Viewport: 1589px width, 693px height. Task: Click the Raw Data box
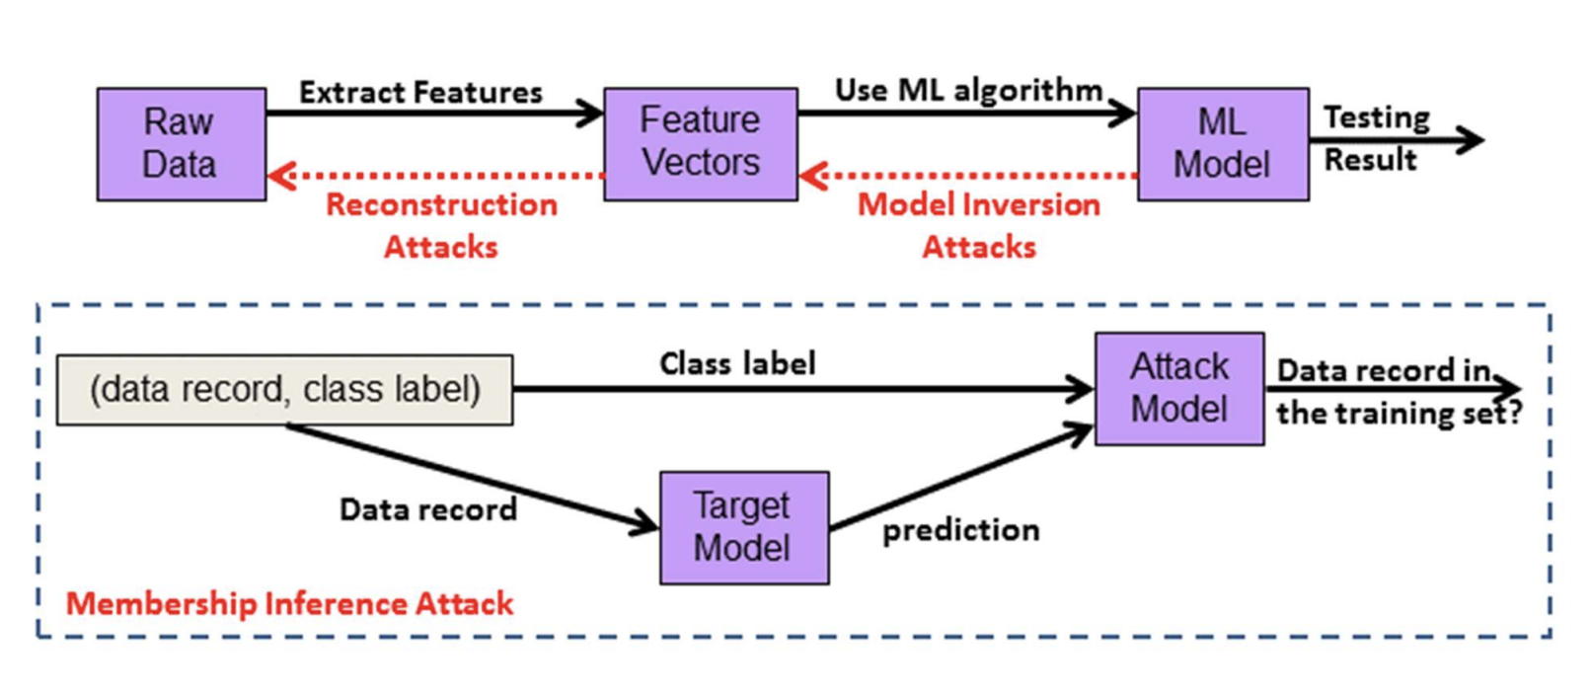182,144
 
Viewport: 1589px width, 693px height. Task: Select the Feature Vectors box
701,144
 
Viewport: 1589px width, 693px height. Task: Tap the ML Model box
1224,144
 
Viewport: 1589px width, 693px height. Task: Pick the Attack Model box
1179,389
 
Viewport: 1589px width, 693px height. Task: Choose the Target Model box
744,528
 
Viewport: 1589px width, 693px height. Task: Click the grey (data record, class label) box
284,390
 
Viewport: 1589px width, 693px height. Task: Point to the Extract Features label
420,92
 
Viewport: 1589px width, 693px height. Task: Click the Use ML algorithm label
968,91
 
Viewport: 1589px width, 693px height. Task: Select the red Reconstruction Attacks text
441,225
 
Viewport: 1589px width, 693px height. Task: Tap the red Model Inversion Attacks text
979,225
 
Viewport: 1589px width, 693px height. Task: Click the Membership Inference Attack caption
289,603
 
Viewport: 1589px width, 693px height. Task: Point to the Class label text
738,364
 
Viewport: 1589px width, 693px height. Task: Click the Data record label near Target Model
428,509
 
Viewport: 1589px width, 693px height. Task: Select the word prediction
961,530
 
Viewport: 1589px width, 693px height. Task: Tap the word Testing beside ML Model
1377,118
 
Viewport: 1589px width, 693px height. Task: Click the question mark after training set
1514,413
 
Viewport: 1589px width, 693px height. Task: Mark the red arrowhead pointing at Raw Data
282,175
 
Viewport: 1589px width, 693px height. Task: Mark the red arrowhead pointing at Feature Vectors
813,175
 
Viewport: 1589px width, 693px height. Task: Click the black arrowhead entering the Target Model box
644,523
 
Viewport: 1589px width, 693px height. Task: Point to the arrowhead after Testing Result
1470,140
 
